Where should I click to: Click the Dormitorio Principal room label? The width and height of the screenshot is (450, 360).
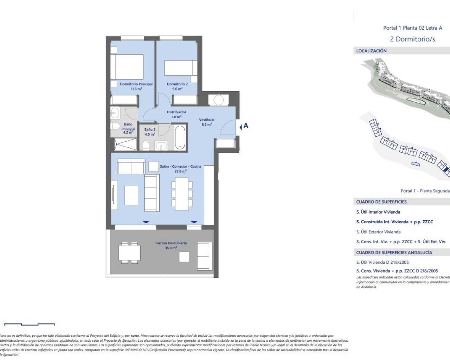coord(136,84)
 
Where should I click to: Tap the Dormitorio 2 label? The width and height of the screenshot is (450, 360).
coord(177,84)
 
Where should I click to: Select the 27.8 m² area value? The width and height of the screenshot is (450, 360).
coord(180,172)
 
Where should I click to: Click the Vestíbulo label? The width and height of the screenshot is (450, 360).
coord(206,120)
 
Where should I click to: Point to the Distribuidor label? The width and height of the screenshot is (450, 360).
coord(176,112)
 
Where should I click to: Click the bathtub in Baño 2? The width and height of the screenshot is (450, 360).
coord(180,137)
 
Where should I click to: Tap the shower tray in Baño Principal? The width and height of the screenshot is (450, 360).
coord(125,144)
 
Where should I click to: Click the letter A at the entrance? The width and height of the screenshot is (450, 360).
coord(246,126)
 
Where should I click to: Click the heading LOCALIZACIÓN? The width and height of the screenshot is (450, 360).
coord(371,51)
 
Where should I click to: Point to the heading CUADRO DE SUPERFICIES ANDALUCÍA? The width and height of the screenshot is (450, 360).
coord(394,252)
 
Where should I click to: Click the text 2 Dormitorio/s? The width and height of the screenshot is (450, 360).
coord(412,39)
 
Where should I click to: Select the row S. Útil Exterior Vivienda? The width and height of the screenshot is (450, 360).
coord(378,232)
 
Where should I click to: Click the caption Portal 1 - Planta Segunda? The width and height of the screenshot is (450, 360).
coord(425,191)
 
